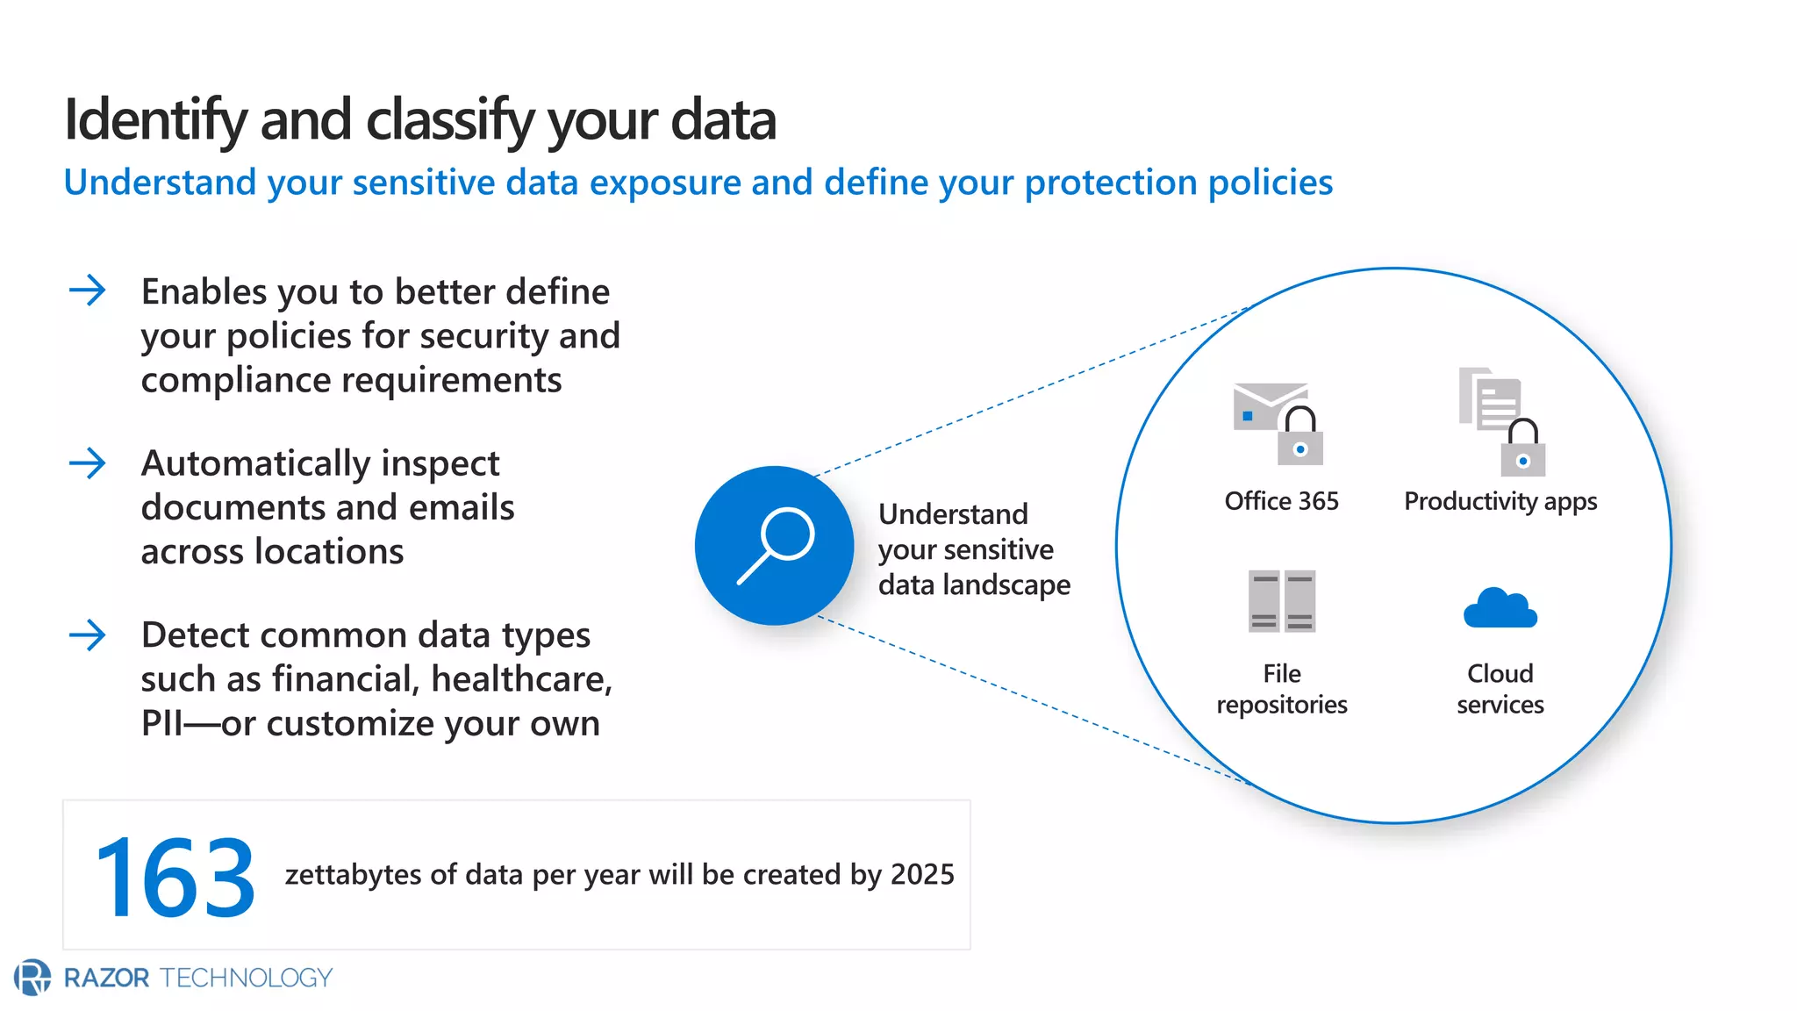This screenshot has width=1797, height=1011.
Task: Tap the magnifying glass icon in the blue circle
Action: [x=774, y=546]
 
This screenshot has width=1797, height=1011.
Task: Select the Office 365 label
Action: [x=1281, y=501]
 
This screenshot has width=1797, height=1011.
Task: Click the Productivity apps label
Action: [x=1500, y=501]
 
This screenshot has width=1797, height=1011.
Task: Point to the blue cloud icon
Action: [x=1500, y=607]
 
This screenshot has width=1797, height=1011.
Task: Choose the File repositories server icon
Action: [x=1282, y=601]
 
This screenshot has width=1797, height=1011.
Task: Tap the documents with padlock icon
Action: [x=1501, y=421]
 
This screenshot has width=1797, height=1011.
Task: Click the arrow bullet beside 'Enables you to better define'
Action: [x=88, y=290]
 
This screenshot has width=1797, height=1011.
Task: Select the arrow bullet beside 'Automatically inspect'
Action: [x=88, y=462]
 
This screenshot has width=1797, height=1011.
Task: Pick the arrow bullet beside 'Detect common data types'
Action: [x=88, y=635]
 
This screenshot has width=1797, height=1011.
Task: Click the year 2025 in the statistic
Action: [x=922, y=874]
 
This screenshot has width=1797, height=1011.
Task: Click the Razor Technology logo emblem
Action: [x=32, y=977]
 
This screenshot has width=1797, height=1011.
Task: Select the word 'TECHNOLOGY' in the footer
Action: [x=246, y=978]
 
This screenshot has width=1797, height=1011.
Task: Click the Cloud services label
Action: [x=1500, y=689]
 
